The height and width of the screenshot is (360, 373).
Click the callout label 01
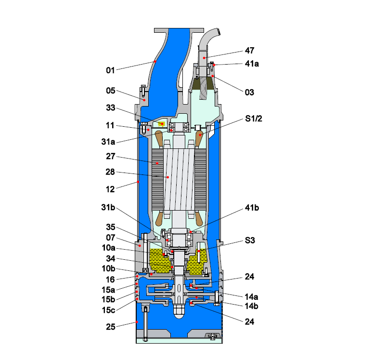[x=111, y=71]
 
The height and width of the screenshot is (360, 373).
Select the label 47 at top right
[x=249, y=50]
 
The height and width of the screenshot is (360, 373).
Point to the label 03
[x=249, y=92]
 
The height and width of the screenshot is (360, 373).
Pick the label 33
[x=111, y=108]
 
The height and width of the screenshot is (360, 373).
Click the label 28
[x=111, y=171]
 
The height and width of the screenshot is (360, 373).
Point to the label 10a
[x=108, y=249]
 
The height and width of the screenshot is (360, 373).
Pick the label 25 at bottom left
[x=111, y=327]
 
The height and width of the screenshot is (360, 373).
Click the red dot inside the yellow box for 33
[x=162, y=124]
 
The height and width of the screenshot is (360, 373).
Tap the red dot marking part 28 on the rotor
[x=167, y=177]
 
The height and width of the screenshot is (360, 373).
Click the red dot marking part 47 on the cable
[x=204, y=57]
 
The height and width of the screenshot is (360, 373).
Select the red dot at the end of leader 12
[x=138, y=182]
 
